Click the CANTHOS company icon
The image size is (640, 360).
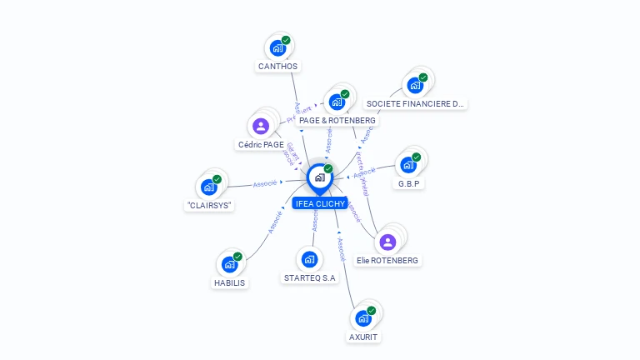(x=278, y=47)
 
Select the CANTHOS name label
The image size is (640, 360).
(x=278, y=66)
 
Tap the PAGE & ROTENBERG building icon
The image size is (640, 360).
(x=337, y=102)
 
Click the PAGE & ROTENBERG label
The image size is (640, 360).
(x=337, y=120)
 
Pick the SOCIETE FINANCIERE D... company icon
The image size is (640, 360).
(x=415, y=85)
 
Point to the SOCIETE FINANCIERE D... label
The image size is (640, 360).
(x=415, y=104)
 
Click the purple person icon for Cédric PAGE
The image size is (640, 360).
(x=261, y=127)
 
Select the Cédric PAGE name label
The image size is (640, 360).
(x=261, y=144)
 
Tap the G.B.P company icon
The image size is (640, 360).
(x=408, y=164)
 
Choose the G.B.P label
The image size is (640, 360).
(x=408, y=183)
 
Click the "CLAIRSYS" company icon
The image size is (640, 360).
(x=209, y=187)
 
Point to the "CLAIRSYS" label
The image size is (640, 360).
(x=209, y=205)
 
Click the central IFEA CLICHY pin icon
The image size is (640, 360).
(x=319, y=177)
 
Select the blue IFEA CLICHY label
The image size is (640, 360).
(x=319, y=203)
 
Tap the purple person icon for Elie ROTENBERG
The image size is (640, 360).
(x=387, y=242)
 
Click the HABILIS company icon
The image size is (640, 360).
(x=231, y=264)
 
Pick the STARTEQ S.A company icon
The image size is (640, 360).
(x=310, y=259)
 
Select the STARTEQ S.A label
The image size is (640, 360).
(x=310, y=278)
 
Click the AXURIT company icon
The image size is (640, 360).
(x=363, y=318)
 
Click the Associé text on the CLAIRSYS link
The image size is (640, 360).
(x=265, y=182)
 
